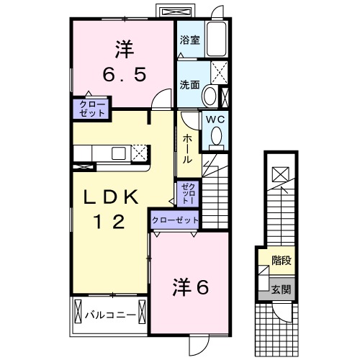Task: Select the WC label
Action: (x=216, y=120)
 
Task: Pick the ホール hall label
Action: (x=186, y=148)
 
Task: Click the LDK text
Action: (x=113, y=197)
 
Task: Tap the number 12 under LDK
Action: (x=113, y=222)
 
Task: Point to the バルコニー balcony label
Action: (x=109, y=315)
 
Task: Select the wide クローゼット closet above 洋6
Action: (x=175, y=220)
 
